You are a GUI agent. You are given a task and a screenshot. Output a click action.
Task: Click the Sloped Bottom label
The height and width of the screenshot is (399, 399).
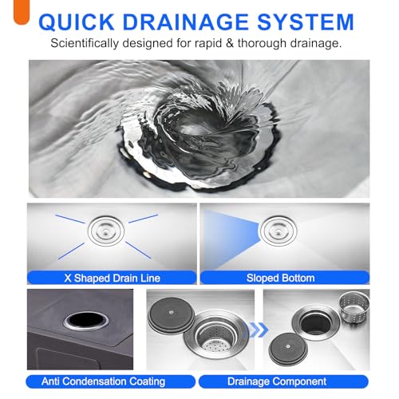[286, 278]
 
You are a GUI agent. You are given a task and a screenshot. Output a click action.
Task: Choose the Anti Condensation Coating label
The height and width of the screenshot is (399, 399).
[97, 381]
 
